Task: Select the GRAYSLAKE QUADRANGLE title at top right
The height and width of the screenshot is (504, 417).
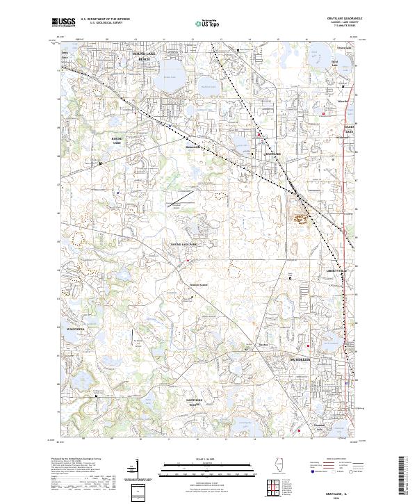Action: pos(336,19)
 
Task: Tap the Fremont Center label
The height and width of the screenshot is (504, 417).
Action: pos(199,284)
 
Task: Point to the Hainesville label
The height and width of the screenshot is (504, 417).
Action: pos(193,147)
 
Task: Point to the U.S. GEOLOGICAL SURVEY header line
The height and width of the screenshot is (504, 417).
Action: pos(100,24)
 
